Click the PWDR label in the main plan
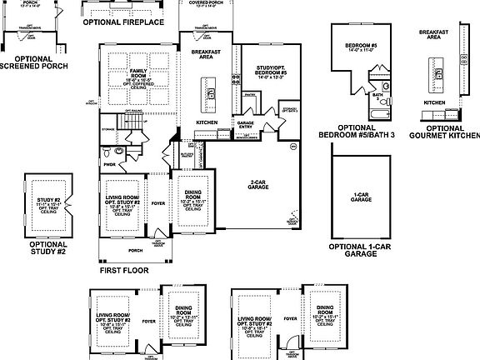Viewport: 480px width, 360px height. (109, 164)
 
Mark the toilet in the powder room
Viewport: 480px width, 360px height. (109, 152)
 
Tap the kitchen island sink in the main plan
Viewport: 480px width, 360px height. (211, 92)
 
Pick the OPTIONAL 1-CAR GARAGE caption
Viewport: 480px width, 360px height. (360, 251)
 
